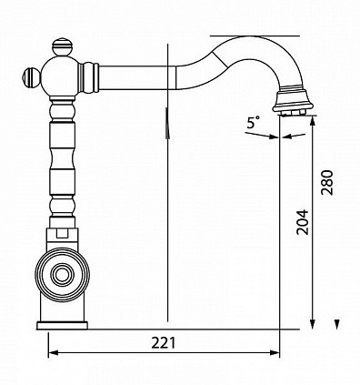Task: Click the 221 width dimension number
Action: coord(164,343)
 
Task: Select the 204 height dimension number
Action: coord(303,222)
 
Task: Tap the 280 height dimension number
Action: coord(327,182)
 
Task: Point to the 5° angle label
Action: coord(254,123)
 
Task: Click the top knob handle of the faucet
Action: coord(63,46)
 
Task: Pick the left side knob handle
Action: coord(32,77)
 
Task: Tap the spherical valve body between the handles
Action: coord(60,76)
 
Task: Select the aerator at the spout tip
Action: coord(292,101)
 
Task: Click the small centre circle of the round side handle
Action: coord(63,275)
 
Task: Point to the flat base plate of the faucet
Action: coord(62,325)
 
